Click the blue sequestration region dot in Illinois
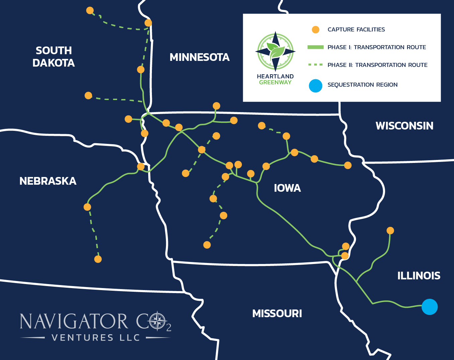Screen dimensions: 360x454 [429, 307]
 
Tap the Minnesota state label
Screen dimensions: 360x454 [199, 58]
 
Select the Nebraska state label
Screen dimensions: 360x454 [48, 181]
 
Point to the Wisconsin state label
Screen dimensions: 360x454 [404, 126]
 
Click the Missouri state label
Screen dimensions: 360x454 [277, 313]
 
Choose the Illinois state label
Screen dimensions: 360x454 [419, 276]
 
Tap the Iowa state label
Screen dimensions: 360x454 [287, 188]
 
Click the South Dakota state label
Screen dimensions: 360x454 [54, 57]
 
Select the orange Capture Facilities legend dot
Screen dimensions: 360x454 [315, 30]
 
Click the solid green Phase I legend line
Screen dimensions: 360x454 [315, 47]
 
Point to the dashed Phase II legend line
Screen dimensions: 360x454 [315, 65]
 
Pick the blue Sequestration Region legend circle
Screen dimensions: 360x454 [315, 86]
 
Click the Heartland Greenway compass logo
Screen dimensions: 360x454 [275, 52]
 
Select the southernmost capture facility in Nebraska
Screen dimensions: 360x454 [98, 259]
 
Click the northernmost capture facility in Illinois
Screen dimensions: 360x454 [390, 231]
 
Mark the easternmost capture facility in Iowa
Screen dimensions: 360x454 [348, 165]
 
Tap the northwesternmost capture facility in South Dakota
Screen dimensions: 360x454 [90, 10]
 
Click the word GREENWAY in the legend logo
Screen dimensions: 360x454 [275, 82]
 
